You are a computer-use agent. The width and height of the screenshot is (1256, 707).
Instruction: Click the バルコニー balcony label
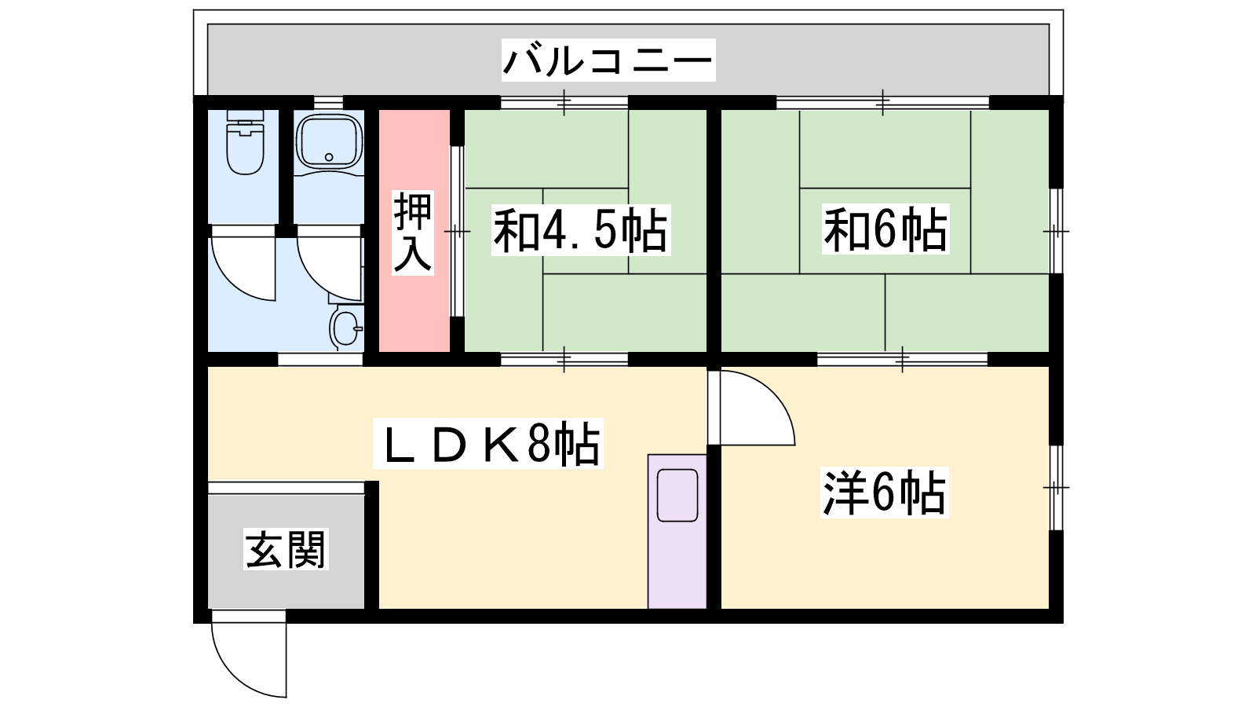(608, 60)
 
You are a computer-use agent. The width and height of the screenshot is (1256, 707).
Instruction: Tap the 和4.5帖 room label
(581, 230)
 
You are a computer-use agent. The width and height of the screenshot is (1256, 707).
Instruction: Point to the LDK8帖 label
(487, 443)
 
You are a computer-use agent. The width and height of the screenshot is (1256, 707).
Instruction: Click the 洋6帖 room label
(884, 492)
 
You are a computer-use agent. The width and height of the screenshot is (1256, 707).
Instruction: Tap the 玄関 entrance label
(286, 549)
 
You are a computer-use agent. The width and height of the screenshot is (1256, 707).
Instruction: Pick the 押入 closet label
(413, 233)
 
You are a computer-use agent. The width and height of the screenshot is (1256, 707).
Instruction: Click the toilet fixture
(245, 142)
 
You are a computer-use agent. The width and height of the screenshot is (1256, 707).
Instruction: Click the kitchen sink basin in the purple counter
(677, 496)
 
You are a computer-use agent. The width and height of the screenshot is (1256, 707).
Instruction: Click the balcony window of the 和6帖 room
(882, 103)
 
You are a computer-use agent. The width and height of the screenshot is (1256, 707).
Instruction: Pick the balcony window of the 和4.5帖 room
(564, 103)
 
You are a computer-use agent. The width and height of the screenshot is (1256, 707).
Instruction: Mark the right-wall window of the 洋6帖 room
(1056, 488)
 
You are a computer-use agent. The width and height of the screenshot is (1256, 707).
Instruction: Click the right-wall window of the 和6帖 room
(1056, 231)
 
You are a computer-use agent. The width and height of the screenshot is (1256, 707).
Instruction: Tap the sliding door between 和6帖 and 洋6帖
(902, 359)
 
